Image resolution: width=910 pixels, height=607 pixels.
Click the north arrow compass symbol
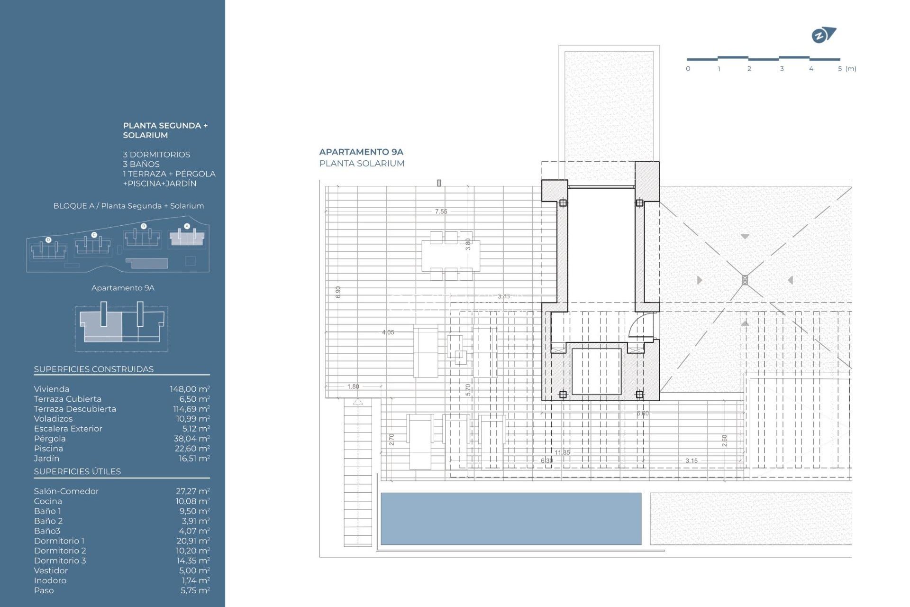pos(823,35)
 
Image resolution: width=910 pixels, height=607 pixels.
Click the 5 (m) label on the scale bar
pos(846,69)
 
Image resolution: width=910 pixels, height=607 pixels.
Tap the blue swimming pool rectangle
pos(510,518)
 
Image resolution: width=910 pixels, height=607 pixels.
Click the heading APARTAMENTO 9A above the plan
pos(361,152)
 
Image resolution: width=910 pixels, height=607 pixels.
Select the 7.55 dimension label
pos(441,212)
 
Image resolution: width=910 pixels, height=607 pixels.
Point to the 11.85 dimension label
pos(562,452)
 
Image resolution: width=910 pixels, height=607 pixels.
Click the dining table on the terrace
pos(450,256)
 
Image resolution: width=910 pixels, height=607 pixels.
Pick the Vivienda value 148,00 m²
pos(190,389)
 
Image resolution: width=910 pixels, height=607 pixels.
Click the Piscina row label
pos(48,449)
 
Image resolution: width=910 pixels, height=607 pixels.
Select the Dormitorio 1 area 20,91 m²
pos(193,541)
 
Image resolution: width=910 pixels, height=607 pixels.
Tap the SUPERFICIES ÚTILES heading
pos(77,471)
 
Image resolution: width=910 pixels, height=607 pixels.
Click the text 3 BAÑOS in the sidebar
pos(141,164)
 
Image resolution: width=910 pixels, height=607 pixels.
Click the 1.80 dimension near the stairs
pos(353,386)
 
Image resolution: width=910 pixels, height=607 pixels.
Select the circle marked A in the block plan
pos(187,226)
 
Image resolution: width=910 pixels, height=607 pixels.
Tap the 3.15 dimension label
pos(691,460)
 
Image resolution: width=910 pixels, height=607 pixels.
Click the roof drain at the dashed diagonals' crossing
pos(745,280)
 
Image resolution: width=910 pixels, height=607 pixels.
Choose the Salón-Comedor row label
pos(66,491)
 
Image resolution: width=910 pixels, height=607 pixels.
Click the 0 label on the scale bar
pos(688,69)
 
